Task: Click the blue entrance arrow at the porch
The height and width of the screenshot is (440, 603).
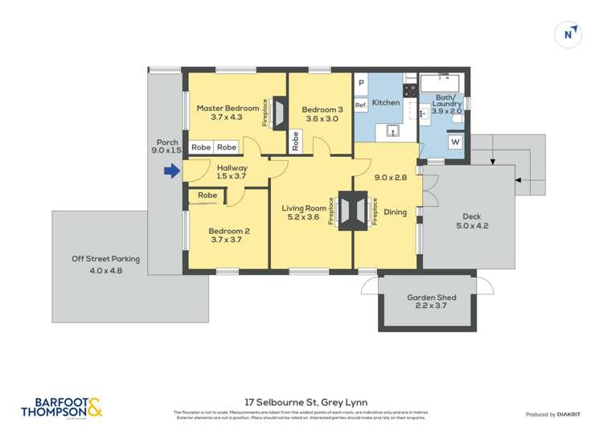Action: coord(170,171)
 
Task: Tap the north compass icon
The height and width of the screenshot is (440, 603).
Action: coord(568,34)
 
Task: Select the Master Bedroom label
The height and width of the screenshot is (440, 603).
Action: coord(228,108)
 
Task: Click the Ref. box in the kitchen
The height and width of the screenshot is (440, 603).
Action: coord(361,105)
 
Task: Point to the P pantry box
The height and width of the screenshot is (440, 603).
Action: coord(361,83)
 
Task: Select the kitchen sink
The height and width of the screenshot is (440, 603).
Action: coord(393,131)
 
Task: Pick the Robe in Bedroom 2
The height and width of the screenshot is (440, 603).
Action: coord(207,195)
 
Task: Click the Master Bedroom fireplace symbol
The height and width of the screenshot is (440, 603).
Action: coord(279,113)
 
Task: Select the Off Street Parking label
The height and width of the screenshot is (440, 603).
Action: coord(105,259)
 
